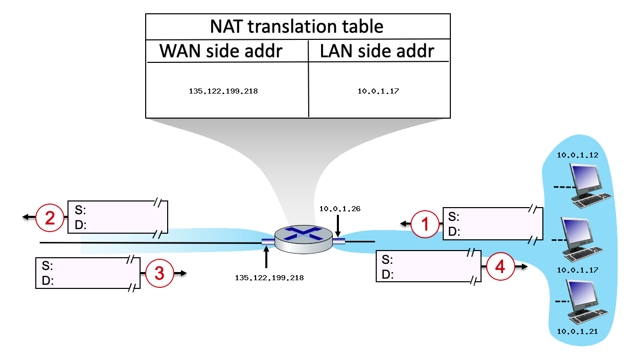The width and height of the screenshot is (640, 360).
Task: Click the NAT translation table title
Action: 297,26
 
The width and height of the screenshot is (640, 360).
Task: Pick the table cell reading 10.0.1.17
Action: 378,92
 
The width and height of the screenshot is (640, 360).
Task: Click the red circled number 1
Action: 426,224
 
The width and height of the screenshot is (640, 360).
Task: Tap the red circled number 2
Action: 50,217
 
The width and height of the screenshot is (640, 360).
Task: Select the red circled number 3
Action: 159,274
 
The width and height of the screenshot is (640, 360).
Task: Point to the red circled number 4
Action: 499,266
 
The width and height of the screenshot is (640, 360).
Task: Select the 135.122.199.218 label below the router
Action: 269,278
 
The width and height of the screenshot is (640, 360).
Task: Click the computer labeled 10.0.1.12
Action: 590,184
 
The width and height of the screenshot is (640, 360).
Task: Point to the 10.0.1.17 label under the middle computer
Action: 577,269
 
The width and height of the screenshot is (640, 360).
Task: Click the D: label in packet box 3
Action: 48,280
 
